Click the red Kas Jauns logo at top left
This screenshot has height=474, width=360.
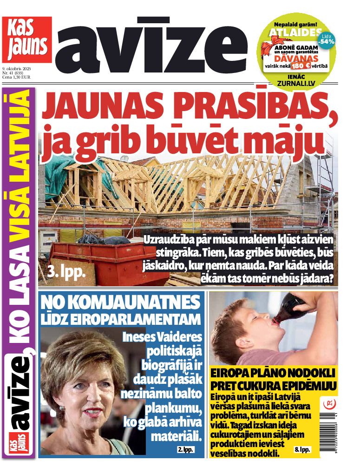(x=26, y=39)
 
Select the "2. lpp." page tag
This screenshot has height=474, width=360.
(x=185, y=449)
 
